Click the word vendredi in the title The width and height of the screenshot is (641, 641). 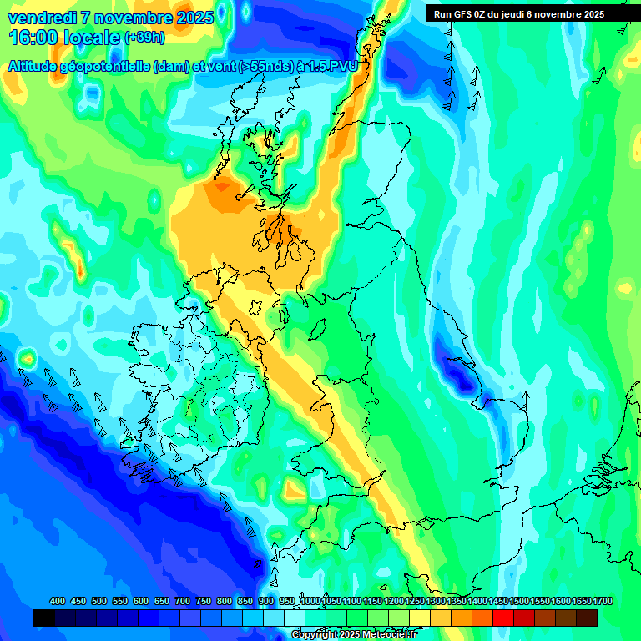tap(42, 18)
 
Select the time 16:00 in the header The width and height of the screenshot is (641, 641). tap(33, 38)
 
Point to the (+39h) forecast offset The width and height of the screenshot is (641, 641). tap(144, 38)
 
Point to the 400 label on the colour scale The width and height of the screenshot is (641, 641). tap(58, 602)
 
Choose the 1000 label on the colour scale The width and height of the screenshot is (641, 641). tap(310, 602)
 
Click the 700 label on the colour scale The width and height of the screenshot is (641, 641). tap(183, 602)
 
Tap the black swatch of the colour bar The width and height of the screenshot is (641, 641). tap(44, 618)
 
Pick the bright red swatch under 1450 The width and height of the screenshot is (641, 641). tap(503, 618)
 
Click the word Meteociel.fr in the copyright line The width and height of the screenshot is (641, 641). tap(386, 635)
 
